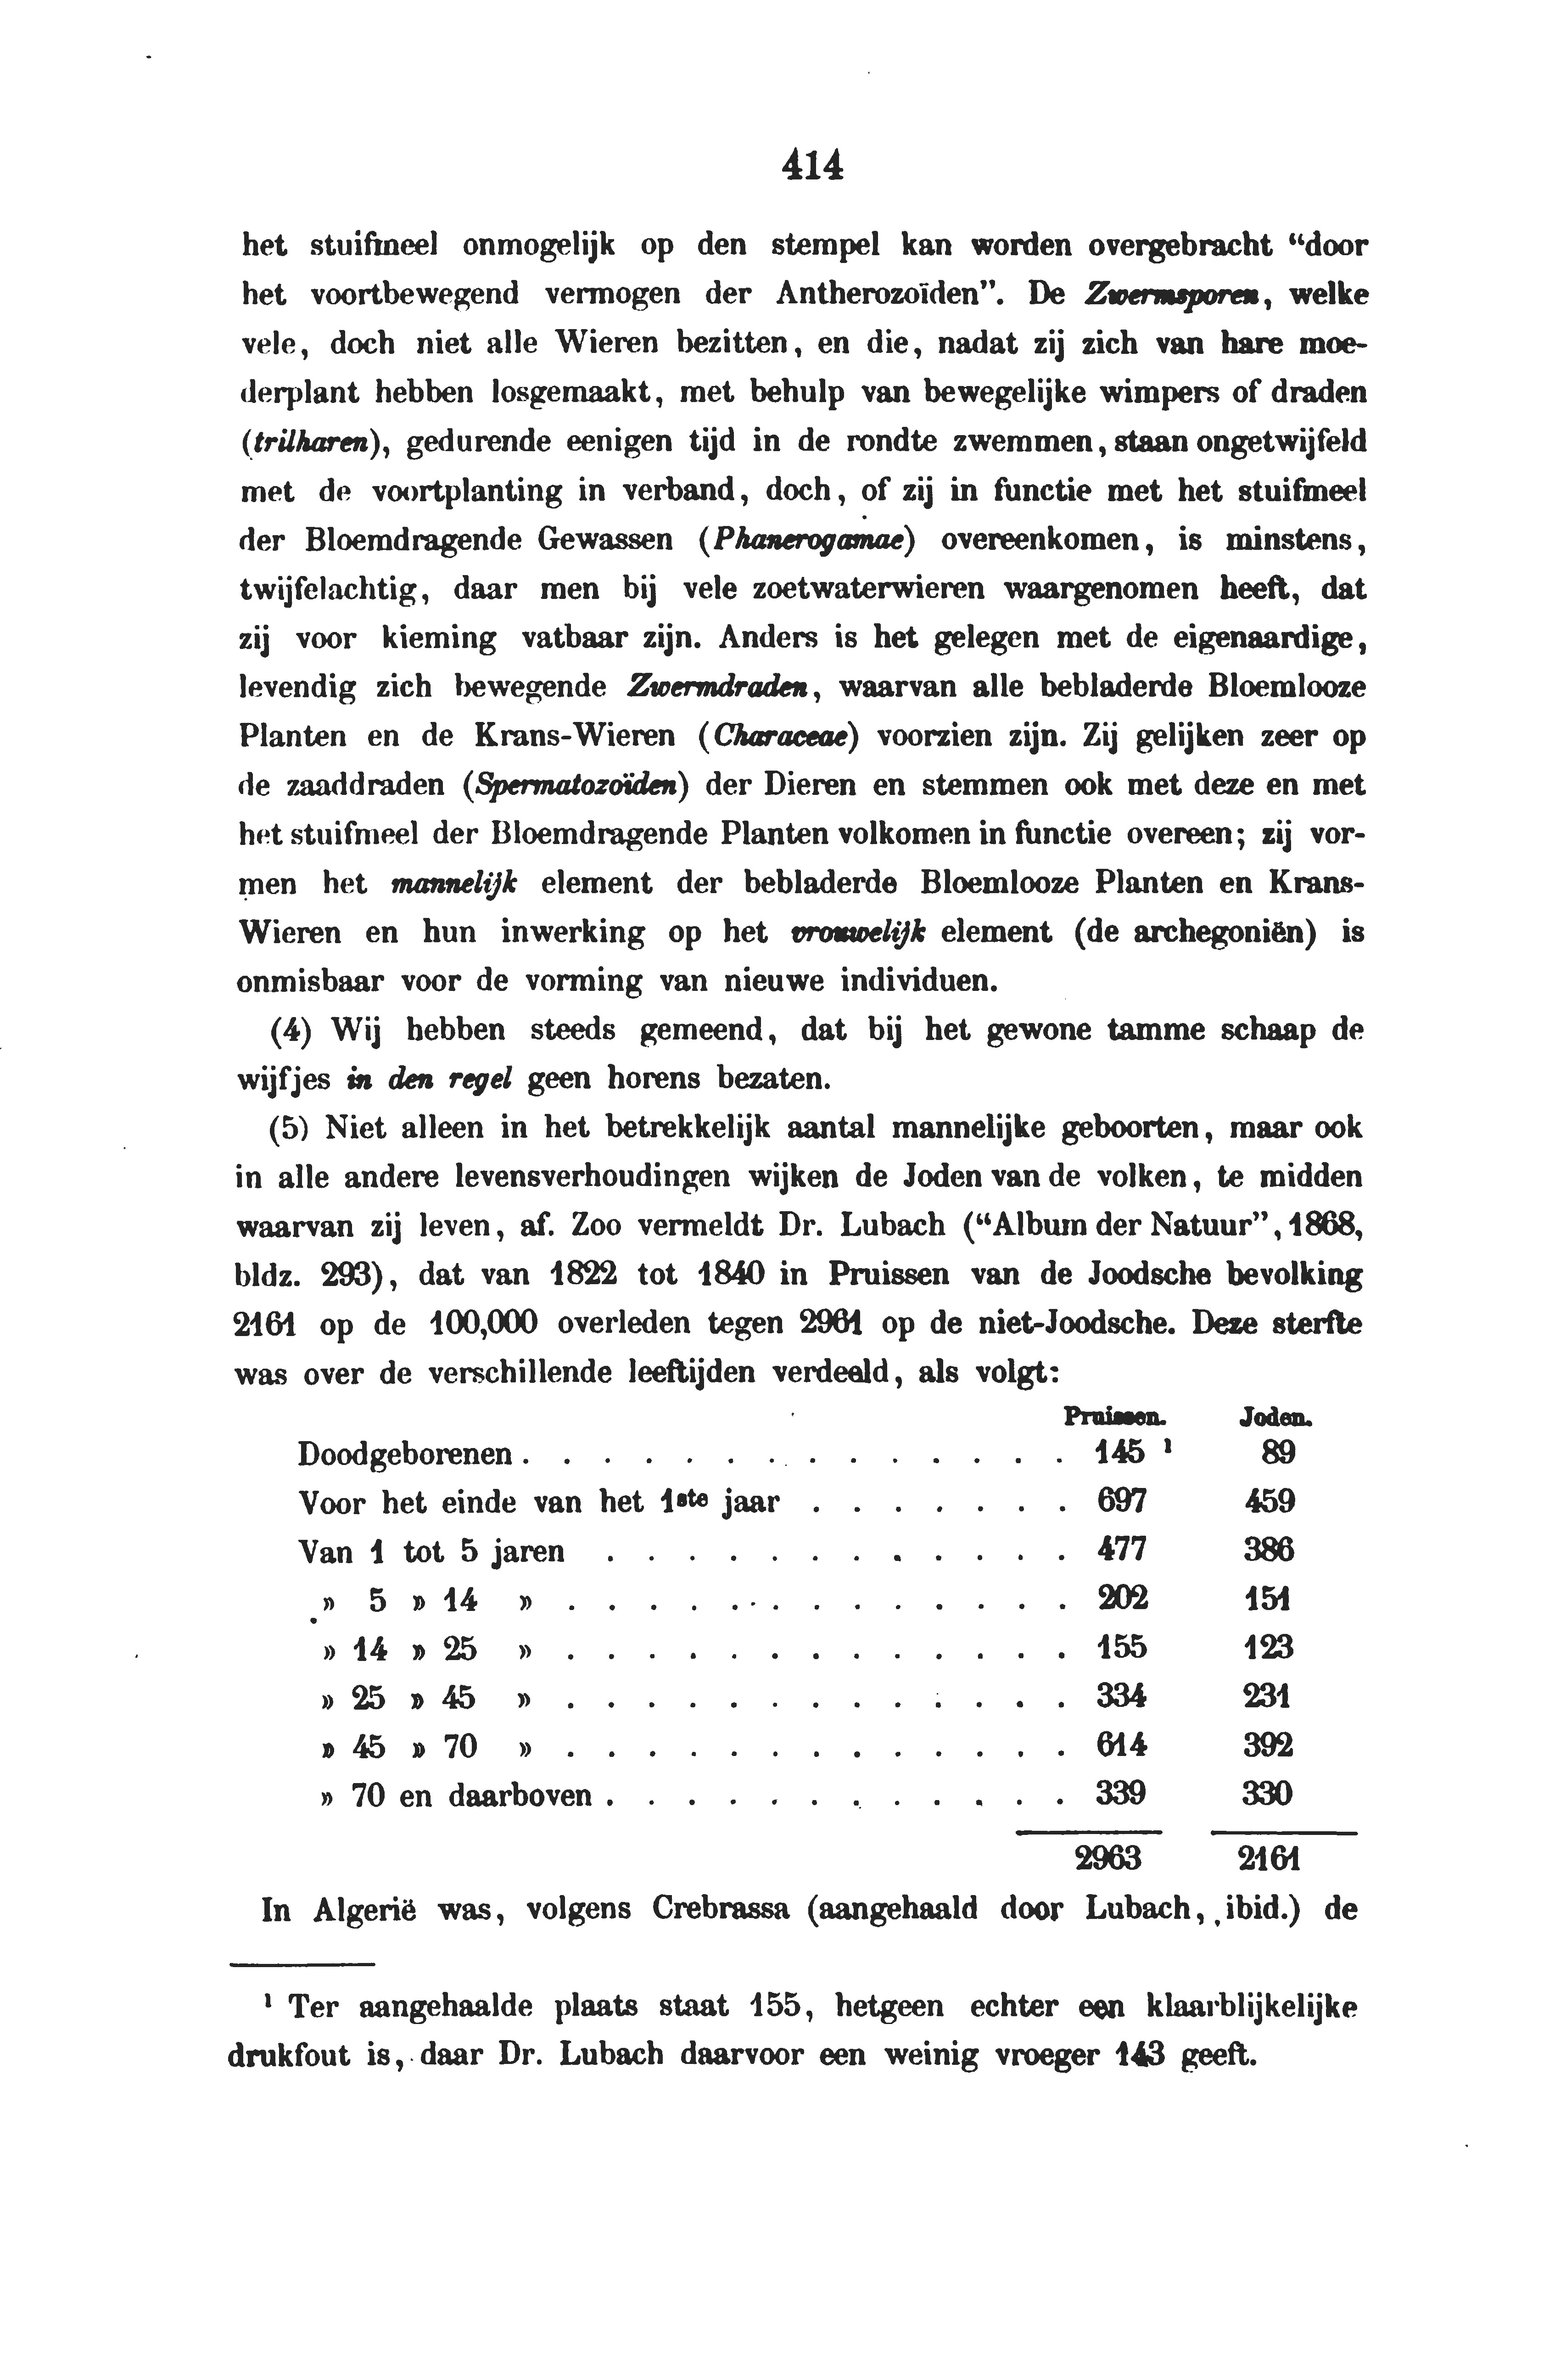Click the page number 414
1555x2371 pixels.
[812, 164]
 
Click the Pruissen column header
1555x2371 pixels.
[1115, 1415]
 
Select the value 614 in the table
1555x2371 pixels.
[1122, 1746]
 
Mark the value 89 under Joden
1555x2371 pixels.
[1278, 1454]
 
